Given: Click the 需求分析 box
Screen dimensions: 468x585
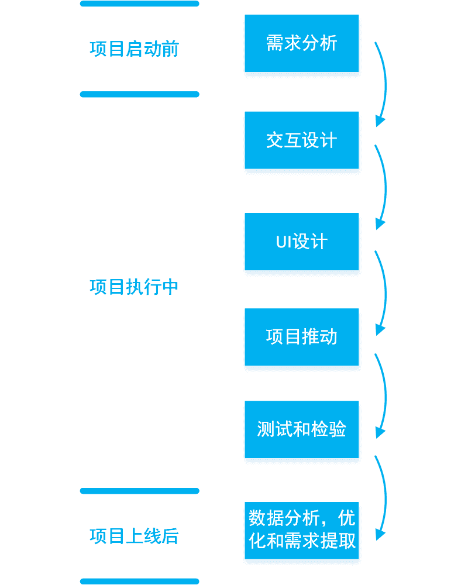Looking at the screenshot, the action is point(301,43).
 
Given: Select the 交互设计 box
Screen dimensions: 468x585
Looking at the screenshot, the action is point(301,140).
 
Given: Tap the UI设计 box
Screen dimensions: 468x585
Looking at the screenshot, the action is point(301,242).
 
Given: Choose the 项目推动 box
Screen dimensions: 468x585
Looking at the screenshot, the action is point(301,337).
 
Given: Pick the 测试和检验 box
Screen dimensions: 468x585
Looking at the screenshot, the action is point(301,429).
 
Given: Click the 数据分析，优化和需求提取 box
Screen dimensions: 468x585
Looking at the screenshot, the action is point(301,531).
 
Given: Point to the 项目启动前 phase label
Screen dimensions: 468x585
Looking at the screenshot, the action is point(135,49).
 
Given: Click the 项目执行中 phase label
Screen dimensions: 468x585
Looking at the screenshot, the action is point(134,287).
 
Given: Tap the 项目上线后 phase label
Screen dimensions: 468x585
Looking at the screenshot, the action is point(135,536).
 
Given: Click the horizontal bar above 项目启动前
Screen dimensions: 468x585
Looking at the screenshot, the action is point(140,4).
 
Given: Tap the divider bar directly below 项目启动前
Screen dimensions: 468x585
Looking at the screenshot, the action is point(140,94).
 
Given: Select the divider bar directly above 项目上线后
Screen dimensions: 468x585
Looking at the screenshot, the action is point(140,491).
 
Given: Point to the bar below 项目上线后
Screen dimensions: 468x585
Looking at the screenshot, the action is point(140,581).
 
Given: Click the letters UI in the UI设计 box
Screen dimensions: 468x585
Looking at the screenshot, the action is point(283,242).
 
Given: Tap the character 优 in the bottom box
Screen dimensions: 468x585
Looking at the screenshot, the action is point(346,518).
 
